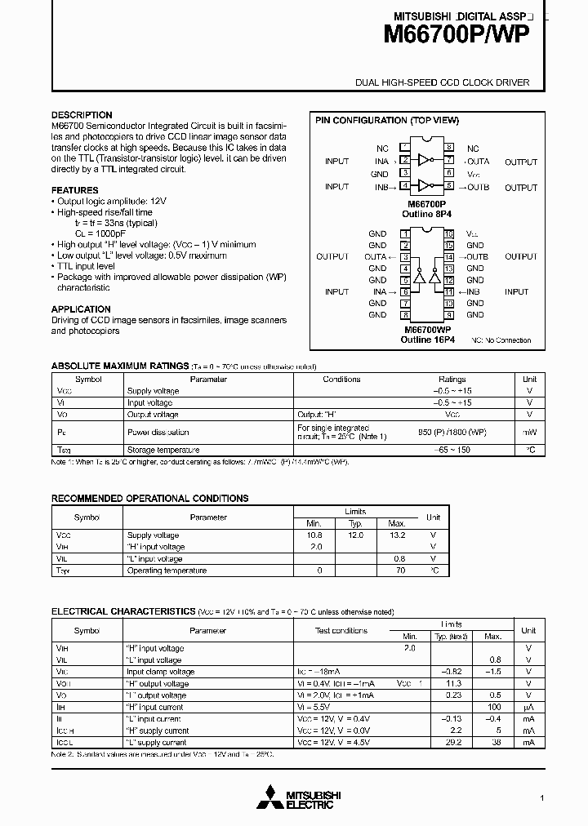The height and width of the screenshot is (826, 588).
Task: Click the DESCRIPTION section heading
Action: click(x=82, y=115)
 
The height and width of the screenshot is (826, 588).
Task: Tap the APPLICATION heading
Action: click(x=81, y=309)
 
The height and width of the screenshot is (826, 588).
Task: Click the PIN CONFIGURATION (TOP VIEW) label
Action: click(x=387, y=120)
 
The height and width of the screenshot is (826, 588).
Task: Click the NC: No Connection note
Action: click(x=501, y=340)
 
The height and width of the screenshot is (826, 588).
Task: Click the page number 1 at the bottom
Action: click(x=541, y=797)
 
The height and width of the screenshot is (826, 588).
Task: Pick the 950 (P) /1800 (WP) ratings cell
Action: click(x=452, y=432)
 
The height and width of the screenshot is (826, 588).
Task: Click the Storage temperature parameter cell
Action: click(x=163, y=450)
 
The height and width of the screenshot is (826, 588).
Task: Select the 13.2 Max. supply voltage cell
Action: click(x=397, y=535)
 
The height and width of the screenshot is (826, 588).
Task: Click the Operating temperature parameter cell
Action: click(x=167, y=571)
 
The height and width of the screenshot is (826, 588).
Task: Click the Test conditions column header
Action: click(x=341, y=630)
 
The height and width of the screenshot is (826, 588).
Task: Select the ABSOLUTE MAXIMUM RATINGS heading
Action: click(x=120, y=366)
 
